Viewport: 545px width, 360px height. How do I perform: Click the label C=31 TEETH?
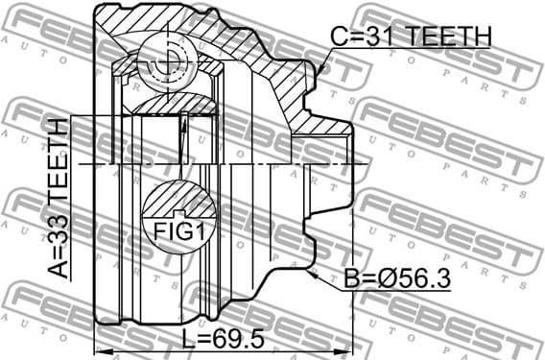tap(410, 36)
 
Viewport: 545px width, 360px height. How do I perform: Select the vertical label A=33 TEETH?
tap(59, 198)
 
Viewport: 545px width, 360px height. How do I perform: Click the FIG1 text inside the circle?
tap(181, 231)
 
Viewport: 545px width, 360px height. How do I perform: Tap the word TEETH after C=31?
tap(449, 36)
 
